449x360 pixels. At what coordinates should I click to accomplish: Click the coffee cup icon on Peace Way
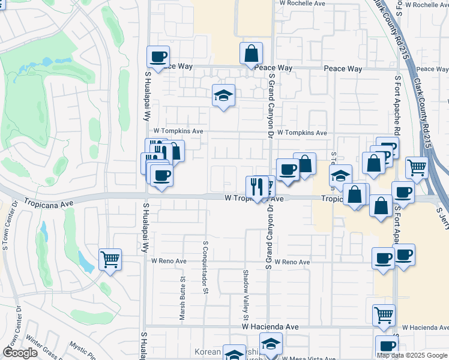tap(158, 57)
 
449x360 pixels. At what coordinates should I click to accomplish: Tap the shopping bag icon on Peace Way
tap(251, 53)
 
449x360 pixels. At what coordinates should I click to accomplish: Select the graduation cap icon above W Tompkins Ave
tap(223, 95)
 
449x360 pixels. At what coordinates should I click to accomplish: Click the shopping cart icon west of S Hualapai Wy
tap(110, 260)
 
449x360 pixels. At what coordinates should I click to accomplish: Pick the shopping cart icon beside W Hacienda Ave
tap(384, 314)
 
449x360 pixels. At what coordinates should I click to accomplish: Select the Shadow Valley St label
tap(246, 294)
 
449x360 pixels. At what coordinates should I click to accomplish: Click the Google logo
tap(20, 353)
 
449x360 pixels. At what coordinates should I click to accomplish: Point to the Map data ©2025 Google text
tap(412, 355)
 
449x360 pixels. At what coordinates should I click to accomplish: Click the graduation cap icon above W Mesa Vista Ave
tap(271, 344)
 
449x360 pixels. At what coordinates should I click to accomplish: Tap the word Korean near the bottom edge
tap(208, 352)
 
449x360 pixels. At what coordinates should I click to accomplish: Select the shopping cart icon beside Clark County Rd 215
tap(416, 168)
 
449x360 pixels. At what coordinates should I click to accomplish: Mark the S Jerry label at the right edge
tap(443, 211)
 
